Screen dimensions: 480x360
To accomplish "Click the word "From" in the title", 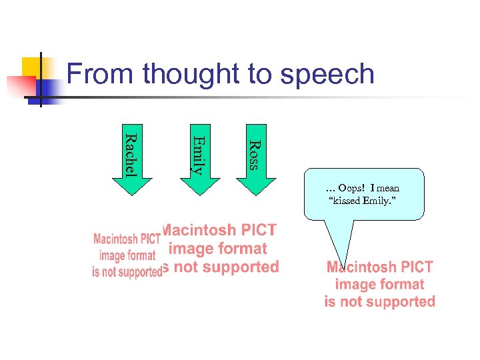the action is (x=99, y=74).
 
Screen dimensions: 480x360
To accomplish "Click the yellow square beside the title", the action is (x=32, y=67).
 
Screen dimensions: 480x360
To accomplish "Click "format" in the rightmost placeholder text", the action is (x=403, y=285).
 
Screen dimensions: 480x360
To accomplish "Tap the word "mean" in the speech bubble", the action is (x=387, y=188).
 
